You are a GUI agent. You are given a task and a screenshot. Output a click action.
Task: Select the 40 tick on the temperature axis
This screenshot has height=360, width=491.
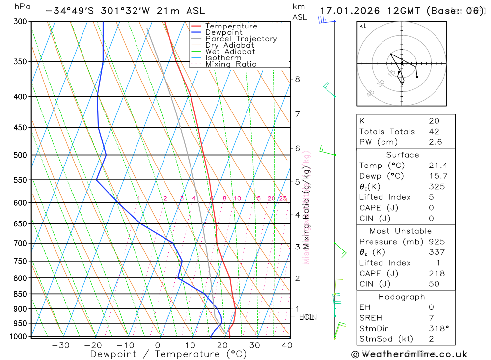click(287, 345)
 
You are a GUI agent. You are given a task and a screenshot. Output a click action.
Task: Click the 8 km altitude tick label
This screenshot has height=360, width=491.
click(297, 79)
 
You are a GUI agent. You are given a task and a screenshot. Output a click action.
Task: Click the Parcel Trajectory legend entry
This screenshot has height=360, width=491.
click(241, 39)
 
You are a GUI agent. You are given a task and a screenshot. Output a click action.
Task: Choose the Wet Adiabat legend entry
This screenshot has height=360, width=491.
click(230, 52)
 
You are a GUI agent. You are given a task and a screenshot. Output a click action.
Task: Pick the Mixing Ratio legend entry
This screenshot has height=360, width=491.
click(231, 64)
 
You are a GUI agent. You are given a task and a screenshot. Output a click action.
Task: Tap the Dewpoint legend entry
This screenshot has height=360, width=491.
click(223, 32)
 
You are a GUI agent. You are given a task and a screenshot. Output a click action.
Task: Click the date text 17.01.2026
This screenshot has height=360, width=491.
click(347, 11)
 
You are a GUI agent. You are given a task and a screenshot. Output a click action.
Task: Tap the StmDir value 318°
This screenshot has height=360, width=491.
click(438, 328)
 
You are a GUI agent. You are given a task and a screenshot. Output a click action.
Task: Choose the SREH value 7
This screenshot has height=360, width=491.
click(431, 318)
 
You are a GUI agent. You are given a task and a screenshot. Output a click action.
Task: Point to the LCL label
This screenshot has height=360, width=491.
click(306, 317)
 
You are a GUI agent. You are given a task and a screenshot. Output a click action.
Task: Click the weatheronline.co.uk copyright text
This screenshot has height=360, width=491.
click(409, 354)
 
